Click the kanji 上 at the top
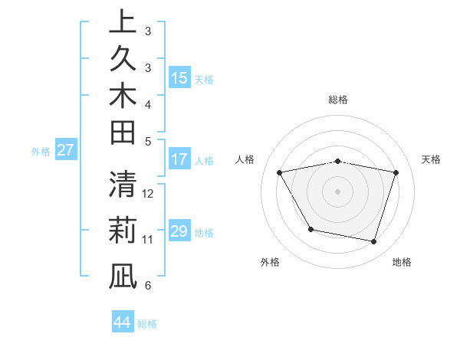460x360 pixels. point(123,22)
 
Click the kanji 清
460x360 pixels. point(123,185)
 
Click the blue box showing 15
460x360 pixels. point(179,78)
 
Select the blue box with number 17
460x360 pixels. point(179,159)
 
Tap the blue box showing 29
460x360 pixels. point(179,231)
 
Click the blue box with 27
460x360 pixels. point(66,150)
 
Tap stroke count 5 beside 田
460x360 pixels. point(148,141)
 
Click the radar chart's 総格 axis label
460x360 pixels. point(338,100)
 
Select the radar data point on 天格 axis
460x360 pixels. point(396,173)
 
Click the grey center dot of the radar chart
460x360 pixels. point(338,191)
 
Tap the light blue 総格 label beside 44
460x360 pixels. point(148,324)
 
